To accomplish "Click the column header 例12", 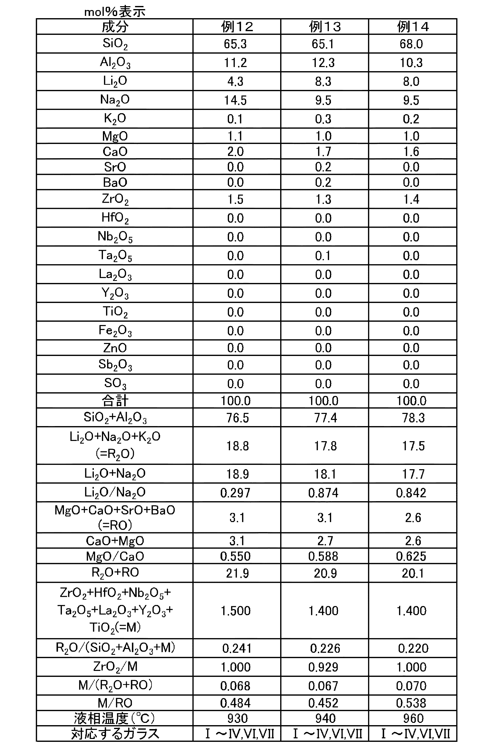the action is point(237,27).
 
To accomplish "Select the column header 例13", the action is point(325,27).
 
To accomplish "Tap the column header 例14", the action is point(413,27).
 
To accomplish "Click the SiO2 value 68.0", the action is point(411,44).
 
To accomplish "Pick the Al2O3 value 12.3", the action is point(323,62).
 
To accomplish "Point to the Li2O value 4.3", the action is point(235,81).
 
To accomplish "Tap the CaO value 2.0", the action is point(235,151).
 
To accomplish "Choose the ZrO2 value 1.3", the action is point(323,199).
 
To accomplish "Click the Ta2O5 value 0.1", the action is point(323,256).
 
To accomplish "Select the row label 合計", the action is point(115,401).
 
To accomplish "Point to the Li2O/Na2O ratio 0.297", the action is point(235,493).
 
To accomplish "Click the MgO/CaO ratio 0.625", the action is point(411,556).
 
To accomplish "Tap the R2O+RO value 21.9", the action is point(237,573).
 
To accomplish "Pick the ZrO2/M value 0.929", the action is point(323,667).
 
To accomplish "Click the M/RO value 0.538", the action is point(411,703).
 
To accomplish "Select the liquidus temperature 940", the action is point(325,719).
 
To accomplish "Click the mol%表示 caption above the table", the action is point(115,12).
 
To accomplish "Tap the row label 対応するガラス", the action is point(115,734).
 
